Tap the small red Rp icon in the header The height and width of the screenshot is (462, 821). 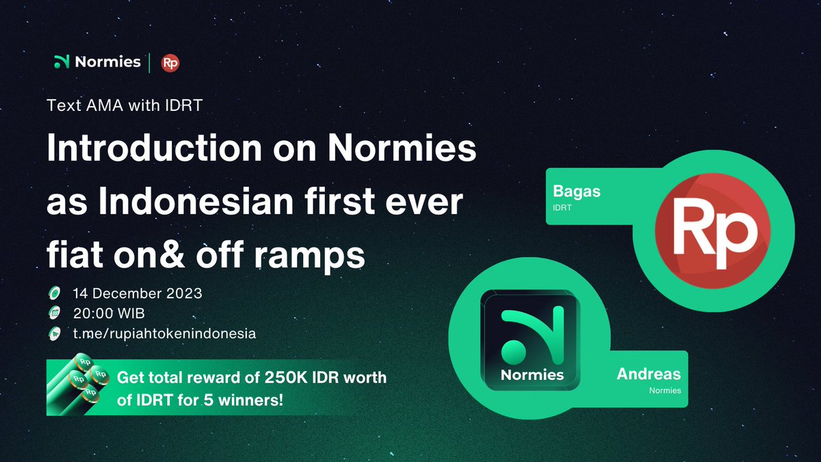click(x=170, y=63)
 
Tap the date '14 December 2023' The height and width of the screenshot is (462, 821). click(x=138, y=294)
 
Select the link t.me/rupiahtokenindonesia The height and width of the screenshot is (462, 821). click(x=164, y=333)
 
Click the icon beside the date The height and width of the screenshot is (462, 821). click(x=54, y=294)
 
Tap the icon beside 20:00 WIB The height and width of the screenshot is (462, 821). click(x=54, y=313)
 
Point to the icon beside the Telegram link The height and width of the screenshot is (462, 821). click(x=54, y=333)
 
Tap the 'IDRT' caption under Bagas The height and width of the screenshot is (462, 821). click(x=562, y=207)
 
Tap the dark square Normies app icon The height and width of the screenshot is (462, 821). click(x=532, y=339)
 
